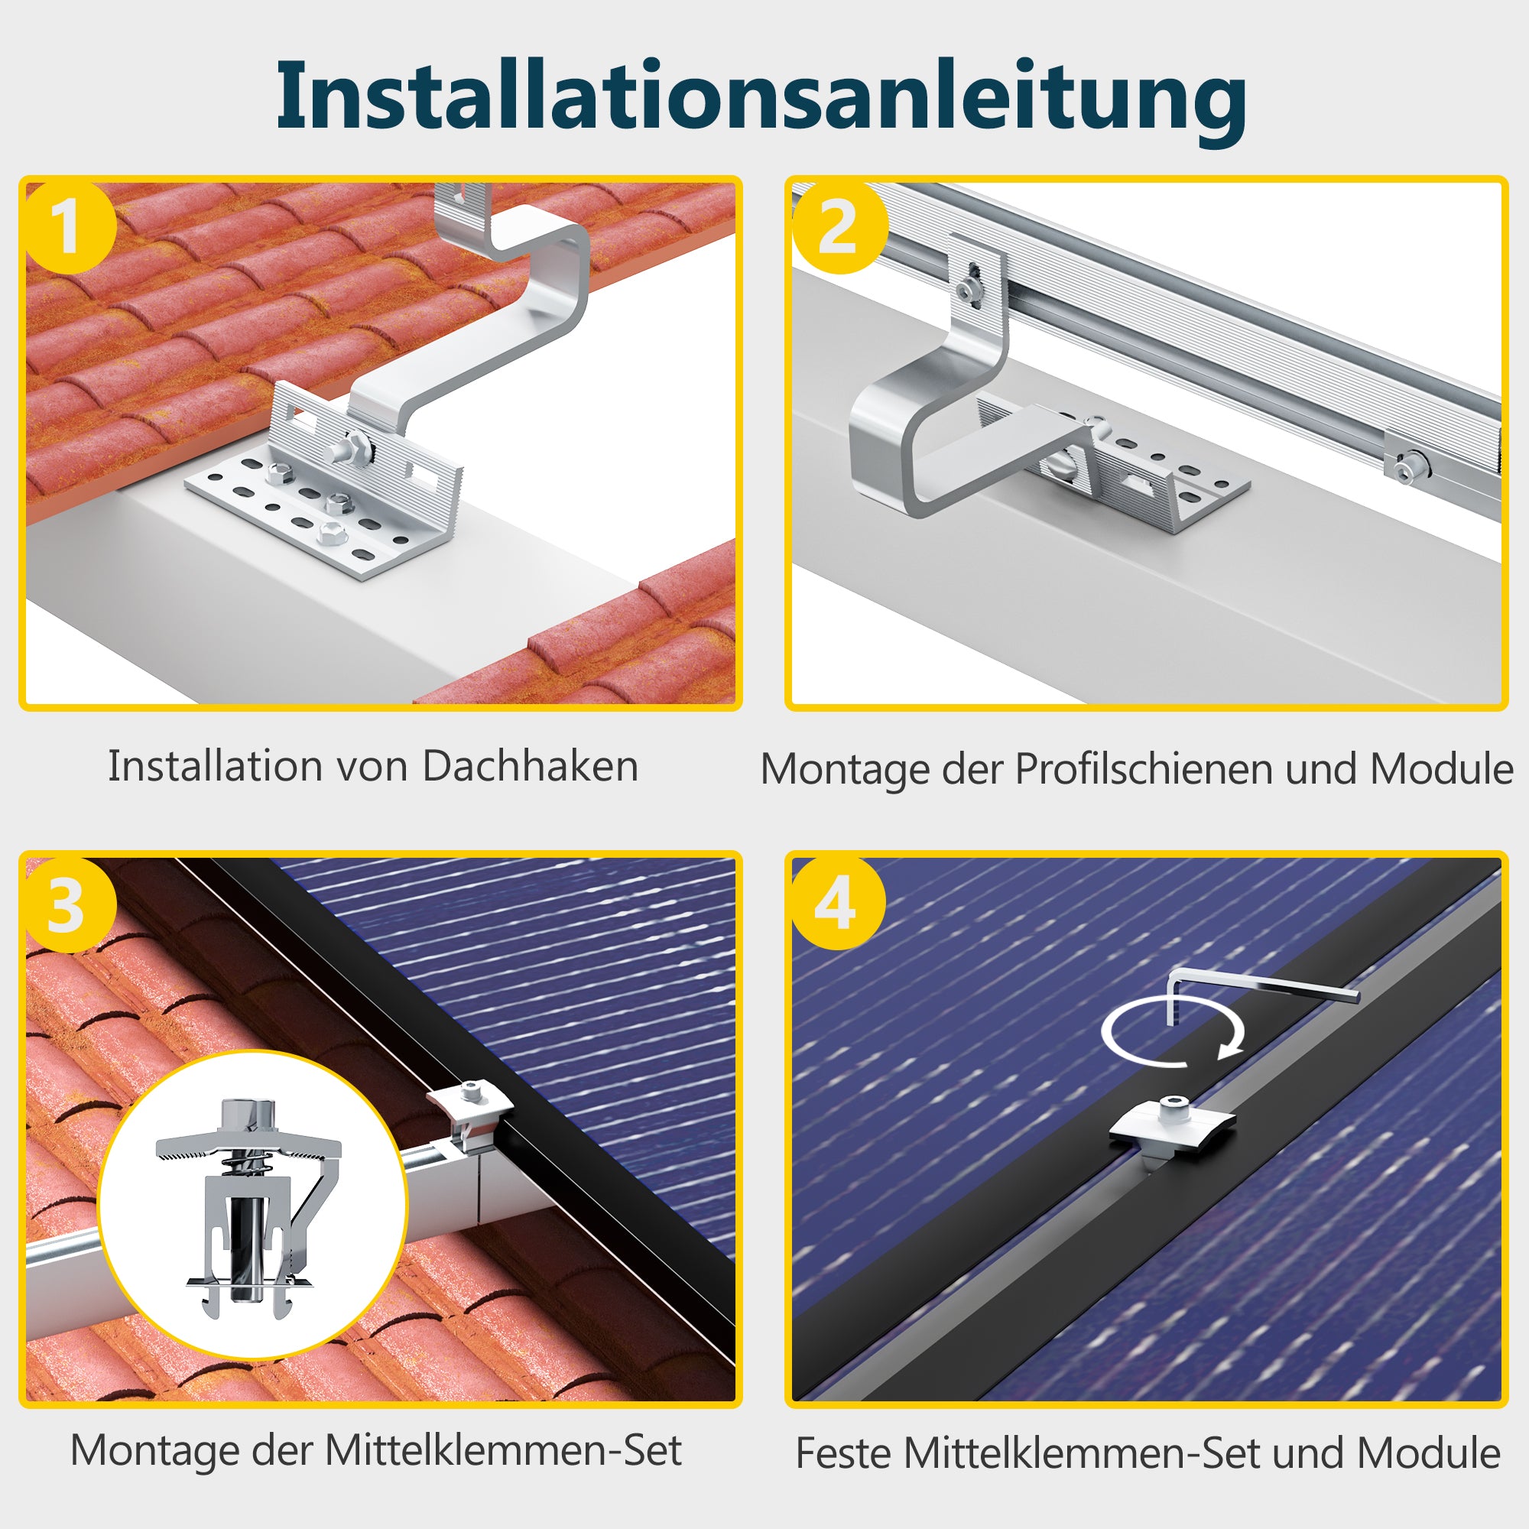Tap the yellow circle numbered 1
(70, 228)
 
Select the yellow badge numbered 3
(70, 905)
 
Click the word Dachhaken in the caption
(531, 766)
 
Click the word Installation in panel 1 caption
(216, 766)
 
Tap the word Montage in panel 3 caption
(154, 1452)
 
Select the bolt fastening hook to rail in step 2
(969, 287)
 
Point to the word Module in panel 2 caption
(1442, 769)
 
